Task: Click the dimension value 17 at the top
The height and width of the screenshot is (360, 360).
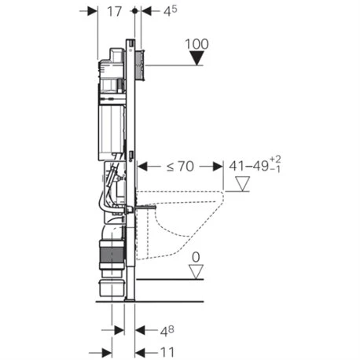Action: point(115,12)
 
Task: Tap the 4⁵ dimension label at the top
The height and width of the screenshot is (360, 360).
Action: point(171,11)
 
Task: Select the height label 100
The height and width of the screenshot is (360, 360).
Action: point(197,44)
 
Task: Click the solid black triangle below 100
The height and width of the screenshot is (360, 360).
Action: point(197,58)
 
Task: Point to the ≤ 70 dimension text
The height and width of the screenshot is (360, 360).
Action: point(180,167)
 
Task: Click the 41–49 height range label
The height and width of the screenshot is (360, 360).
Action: point(255,164)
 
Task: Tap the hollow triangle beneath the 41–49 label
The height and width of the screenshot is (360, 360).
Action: point(242,184)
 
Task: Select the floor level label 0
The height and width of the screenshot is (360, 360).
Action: point(196,257)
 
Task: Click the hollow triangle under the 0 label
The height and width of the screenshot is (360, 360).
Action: point(197,272)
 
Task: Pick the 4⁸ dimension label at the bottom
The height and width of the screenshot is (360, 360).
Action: point(167,331)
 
